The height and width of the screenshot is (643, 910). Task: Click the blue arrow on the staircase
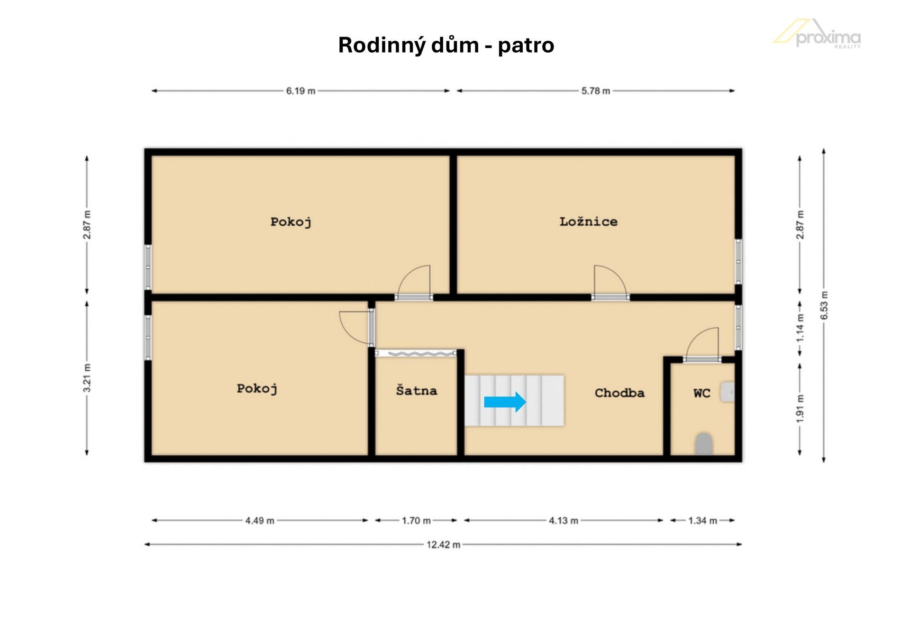coord(505,402)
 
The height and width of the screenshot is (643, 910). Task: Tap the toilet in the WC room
coord(704,443)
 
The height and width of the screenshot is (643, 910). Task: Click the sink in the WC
coord(728,392)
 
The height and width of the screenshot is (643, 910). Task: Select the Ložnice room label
coord(588,221)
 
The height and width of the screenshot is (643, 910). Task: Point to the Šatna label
coord(417,390)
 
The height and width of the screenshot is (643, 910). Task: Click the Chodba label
coord(619,393)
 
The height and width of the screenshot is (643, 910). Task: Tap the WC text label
coord(701,393)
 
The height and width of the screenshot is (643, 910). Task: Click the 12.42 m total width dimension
coord(443,544)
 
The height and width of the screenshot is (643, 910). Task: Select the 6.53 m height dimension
coord(824,305)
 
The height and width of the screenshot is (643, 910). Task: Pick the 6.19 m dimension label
coord(300,91)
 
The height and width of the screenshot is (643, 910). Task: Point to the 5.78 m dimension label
coord(596,91)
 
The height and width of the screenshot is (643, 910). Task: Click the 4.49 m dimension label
coord(260,520)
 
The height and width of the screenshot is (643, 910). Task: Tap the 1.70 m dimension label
coord(416,520)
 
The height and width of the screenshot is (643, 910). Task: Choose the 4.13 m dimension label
coord(564,520)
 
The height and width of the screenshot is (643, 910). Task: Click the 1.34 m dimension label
coord(702,520)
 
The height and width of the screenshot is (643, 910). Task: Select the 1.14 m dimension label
coord(800,328)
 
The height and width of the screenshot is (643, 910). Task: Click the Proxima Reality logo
coord(817,34)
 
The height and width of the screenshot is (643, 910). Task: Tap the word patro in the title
coord(526,45)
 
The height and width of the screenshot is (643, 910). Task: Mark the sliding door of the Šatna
coord(416,353)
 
